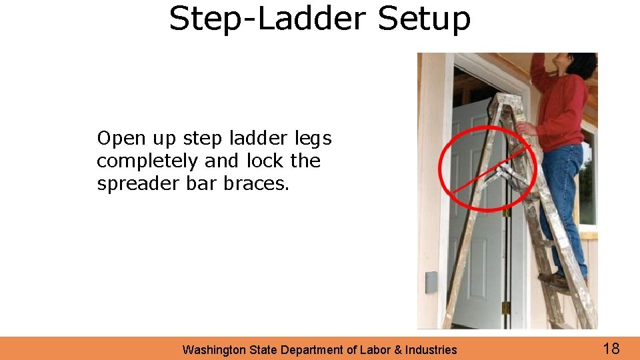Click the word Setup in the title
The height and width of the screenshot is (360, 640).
click(424, 19)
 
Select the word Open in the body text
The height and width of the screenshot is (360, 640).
click(121, 139)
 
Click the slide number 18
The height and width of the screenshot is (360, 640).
click(611, 348)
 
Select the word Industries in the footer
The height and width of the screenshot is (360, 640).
click(429, 349)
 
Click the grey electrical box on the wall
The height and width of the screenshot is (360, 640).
click(431, 282)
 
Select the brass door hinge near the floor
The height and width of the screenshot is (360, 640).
click(506, 307)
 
